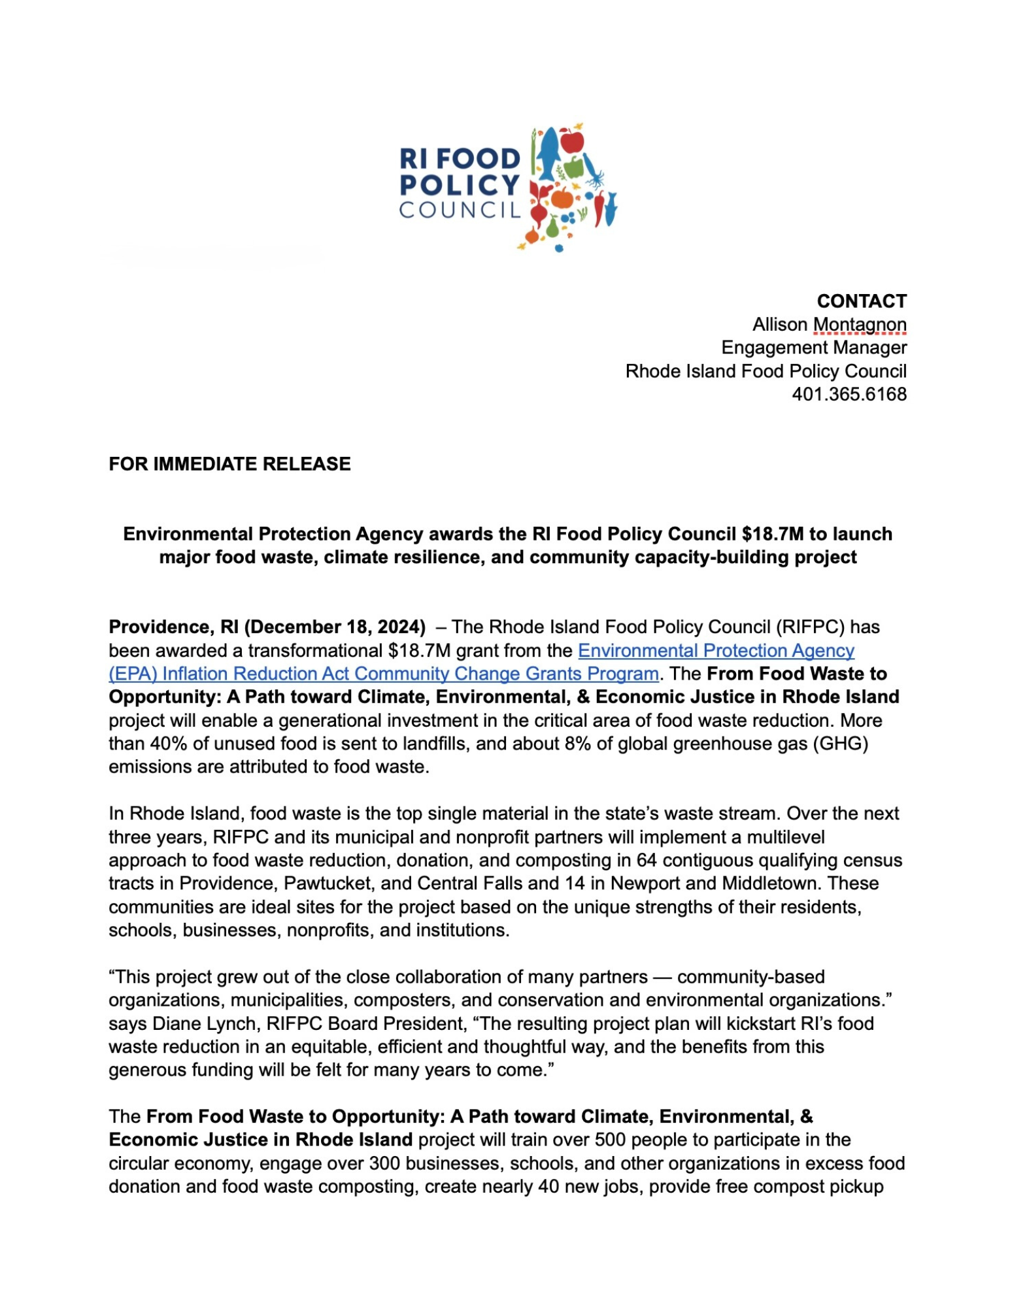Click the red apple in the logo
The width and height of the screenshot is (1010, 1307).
click(572, 141)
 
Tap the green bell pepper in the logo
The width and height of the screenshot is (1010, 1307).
click(573, 167)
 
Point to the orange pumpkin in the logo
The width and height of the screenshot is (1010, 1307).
click(562, 197)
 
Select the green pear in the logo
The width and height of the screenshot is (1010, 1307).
click(552, 227)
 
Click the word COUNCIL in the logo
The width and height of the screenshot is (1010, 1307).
click(460, 210)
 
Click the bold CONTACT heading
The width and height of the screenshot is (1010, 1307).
click(861, 301)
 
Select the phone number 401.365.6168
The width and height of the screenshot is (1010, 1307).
click(849, 395)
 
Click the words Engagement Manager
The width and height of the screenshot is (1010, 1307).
click(813, 348)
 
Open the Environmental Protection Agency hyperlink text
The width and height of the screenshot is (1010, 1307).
click(716, 651)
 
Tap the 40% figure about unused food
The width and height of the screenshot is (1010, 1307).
click(169, 744)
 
